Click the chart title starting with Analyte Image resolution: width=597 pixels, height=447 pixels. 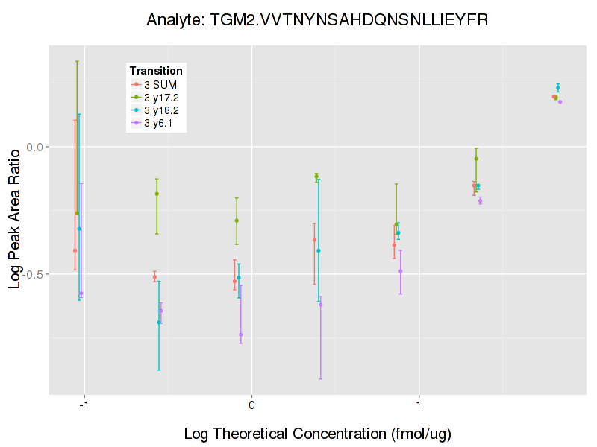pyautogui.click(x=318, y=20)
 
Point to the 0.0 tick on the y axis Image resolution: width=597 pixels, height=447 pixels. pyautogui.click(x=34, y=147)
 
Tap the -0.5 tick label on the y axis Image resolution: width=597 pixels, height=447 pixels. pyautogui.click(x=32, y=274)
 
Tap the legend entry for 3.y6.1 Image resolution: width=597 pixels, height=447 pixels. pyautogui.click(x=156, y=123)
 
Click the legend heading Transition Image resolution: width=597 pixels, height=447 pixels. pyautogui.click(x=156, y=71)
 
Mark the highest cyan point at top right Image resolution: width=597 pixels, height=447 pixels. pyautogui.click(x=557, y=88)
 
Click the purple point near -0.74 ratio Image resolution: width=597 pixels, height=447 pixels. pyautogui.click(x=240, y=335)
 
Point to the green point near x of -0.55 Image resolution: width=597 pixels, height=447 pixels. pyautogui.click(x=157, y=194)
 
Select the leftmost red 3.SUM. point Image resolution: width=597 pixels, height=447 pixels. pyautogui.click(x=75, y=250)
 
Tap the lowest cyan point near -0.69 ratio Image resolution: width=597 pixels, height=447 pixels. pyautogui.click(x=159, y=322)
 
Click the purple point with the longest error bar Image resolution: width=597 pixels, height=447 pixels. pyautogui.click(x=321, y=304)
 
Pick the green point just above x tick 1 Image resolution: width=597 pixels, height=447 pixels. pyautogui.click(x=396, y=224)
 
